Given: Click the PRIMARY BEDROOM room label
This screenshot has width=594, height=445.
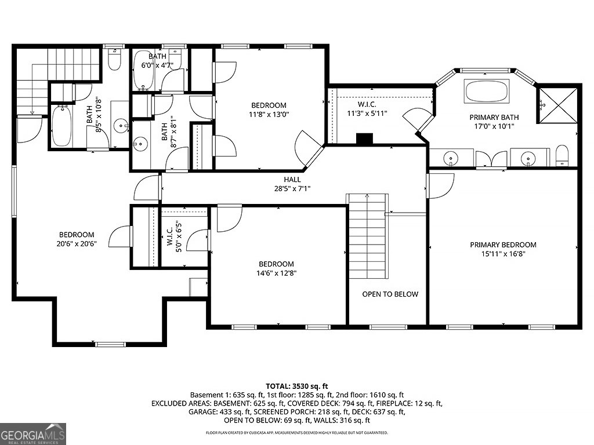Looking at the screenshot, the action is pyautogui.click(x=503, y=245).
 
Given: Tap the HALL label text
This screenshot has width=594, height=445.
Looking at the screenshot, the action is pyautogui.click(x=292, y=180).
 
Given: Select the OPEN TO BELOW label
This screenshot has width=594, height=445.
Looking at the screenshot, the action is pyautogui.click(x=390, y=294).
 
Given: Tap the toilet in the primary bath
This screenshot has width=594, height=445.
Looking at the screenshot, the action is pyautogui.click(x=562, y=156).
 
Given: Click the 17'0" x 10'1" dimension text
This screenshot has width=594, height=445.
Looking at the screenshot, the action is pyautogui.click(x=494, y=126).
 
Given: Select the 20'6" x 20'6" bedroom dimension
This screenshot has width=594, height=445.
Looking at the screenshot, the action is pyautogui.click(x=77, y=244).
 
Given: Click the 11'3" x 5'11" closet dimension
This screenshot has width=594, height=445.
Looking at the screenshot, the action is pyautogui.click(x=367, y=113).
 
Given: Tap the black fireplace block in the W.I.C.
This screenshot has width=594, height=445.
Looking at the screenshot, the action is pyautogui.click(x=365, y=138).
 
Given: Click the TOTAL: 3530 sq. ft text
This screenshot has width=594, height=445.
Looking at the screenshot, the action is pyautogui.click(x=296, y=386).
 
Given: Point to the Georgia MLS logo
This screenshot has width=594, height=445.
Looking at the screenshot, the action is pyautogui.click(x=33, y=433).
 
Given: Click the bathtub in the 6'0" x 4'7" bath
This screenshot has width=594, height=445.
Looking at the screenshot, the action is pyautogui.click(x=144, y=70).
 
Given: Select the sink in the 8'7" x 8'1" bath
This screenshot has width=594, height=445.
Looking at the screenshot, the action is pyautogui.click(x=140, y=144).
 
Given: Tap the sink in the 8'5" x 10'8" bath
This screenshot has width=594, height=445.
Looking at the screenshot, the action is pyautogui.click(x=121, y=125).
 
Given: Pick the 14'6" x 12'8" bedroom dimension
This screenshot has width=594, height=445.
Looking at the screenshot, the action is pyautogui.click(x=277, y=273).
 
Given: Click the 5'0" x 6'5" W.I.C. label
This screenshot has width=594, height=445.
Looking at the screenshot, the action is pyautogui.click(x=174, y=236).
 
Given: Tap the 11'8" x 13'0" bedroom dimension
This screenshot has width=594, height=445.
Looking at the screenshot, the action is pyautogui.click(x=269, y=114).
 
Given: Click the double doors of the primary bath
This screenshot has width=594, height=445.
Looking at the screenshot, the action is pyautogui.click(x=491, y=159).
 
